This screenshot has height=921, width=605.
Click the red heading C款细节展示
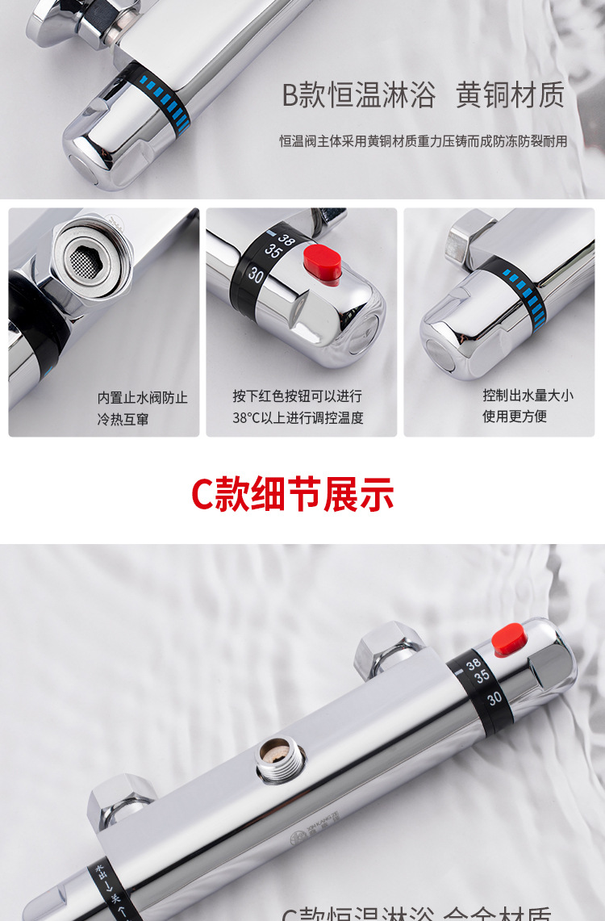(x=292, y=494)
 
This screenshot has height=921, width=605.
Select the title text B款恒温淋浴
(x=358, y=94)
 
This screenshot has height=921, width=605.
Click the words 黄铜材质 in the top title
(x=510, y=94)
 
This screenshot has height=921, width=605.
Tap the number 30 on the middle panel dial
(x=257, y=273)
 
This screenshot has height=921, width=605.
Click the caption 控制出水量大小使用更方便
(x=528, y=405)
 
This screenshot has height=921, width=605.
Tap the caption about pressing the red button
(x=298, y=407)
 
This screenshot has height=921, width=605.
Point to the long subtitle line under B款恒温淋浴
(x=423, y=141)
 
